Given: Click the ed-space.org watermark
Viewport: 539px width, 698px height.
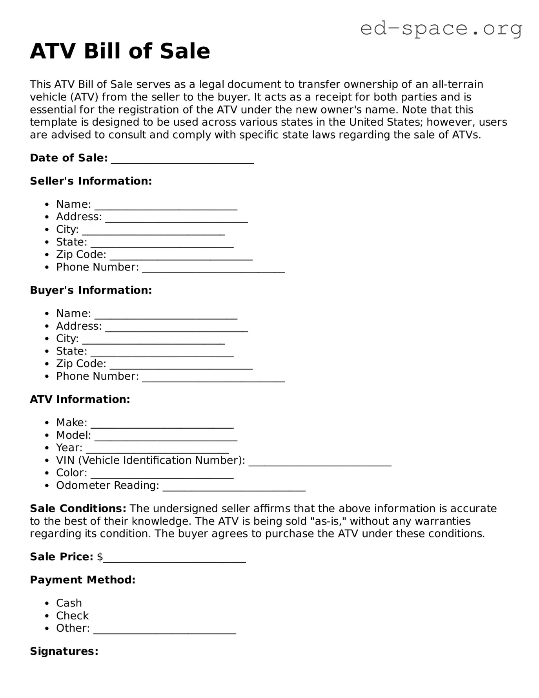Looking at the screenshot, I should coord(441,28).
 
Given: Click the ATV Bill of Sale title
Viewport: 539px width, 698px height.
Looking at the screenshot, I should coord(120,51).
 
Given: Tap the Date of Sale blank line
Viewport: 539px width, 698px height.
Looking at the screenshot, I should coord(182,161).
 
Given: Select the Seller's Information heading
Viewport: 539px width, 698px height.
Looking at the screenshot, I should coord(91,181).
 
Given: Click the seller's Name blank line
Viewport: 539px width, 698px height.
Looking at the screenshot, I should coord(166,207).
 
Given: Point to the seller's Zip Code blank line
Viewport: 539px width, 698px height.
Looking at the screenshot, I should coord(181,257).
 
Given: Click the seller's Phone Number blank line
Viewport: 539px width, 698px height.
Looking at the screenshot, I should coord(213,270).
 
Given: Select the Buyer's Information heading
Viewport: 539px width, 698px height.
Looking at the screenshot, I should coord(91,290).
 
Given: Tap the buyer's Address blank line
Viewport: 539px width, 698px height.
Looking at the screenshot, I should coord(177,329).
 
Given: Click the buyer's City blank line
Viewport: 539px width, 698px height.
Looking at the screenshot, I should coord(153,342).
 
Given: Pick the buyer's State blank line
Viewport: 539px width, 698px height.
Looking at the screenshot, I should coord(162,354).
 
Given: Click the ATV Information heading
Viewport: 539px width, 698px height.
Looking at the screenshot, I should coord(80,399).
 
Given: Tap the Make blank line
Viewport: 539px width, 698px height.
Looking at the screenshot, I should coord(162,426).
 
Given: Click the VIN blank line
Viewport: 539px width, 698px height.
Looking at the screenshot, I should coord(320,463).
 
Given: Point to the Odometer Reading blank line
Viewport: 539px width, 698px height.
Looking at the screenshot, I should coord(234,488).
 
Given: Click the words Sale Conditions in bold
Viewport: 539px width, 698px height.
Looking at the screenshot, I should coord(78,508).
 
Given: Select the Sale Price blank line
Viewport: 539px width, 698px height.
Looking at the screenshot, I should coord(174,560).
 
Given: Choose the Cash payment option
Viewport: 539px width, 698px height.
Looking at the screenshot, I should coord(69,603).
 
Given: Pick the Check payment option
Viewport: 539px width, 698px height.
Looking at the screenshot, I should coord(73,616).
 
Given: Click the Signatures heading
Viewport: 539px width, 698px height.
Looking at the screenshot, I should coord(64,651).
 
